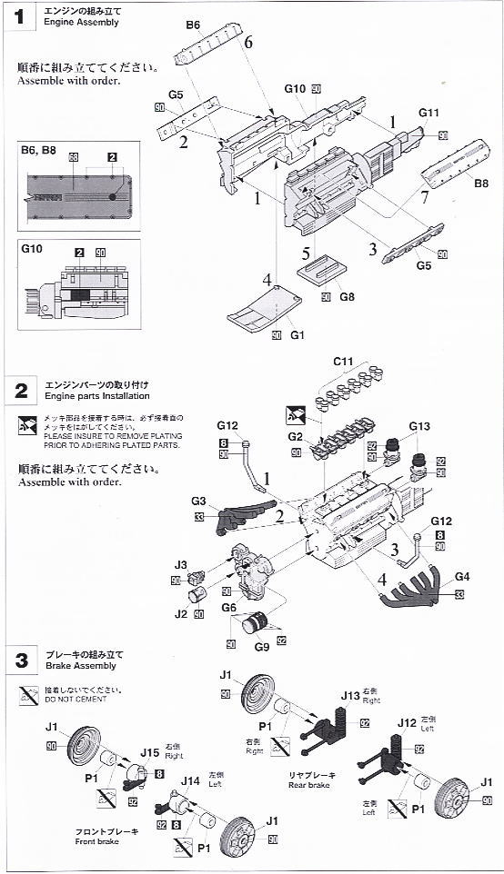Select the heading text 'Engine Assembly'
[79, 22]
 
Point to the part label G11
[429, 113]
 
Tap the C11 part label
[342, 362]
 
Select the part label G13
[418, 426]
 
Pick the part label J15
[150, 751]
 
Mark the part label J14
[190, 780]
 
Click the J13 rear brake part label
[351, 696]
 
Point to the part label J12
[407, 723]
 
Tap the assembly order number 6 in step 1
[247, 43]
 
